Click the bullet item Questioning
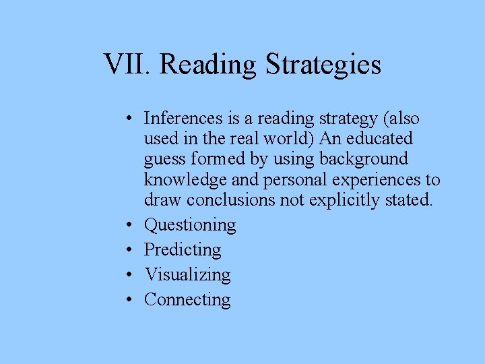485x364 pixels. click(x=190, y=225)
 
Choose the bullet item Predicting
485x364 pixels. click(x=183, y=250)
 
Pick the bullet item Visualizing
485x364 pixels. click(x=187, y=275)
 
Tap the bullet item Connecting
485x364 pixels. click(x=187, y=300)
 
